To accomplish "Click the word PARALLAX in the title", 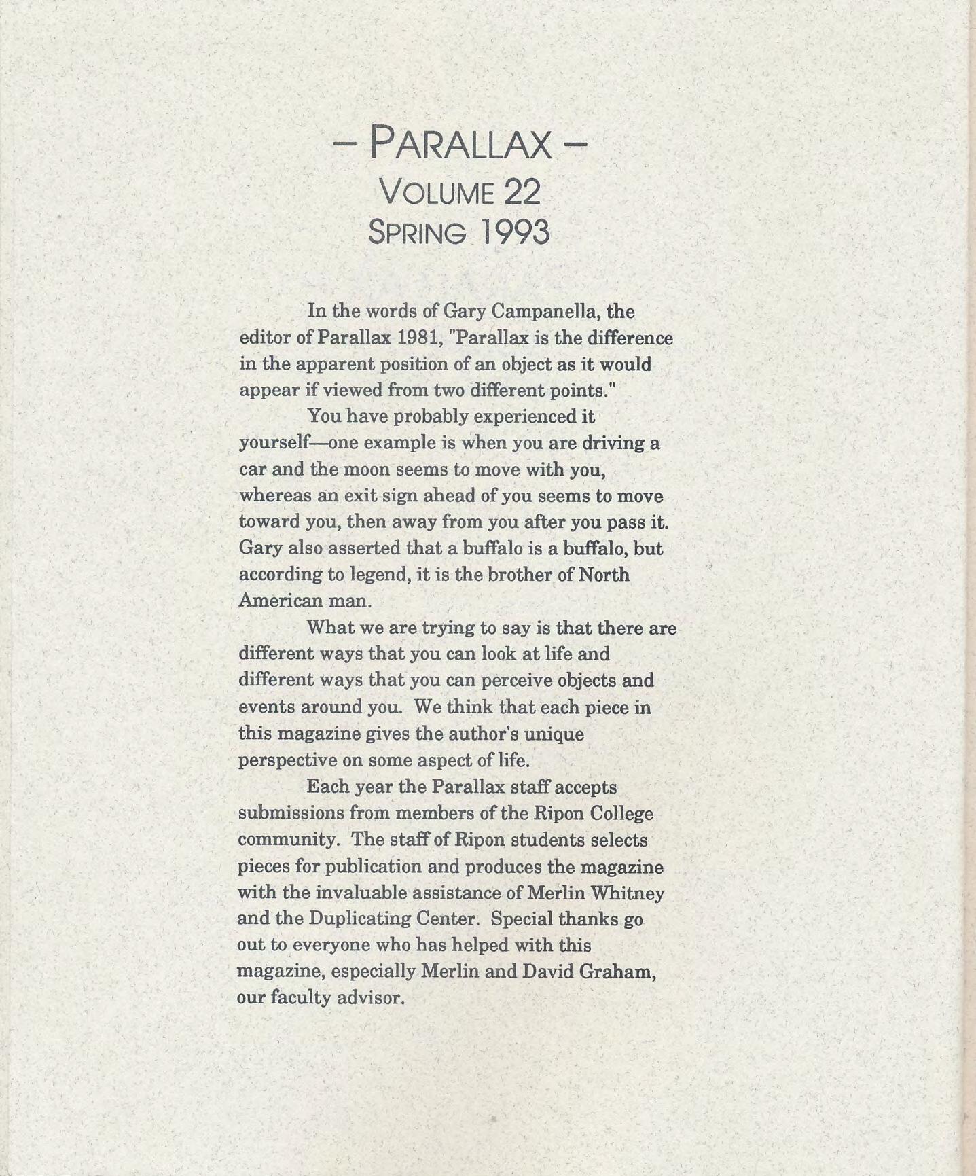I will [x=460, y=143].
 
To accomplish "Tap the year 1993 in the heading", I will [x=514, y=233].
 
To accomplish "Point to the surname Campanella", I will [x=543, y=311].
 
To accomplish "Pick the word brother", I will [x=511, y=575].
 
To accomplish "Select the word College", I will [x=621, y=813].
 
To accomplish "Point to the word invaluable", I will [x=350, y=893].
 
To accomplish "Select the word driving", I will [x=615, y=443].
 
